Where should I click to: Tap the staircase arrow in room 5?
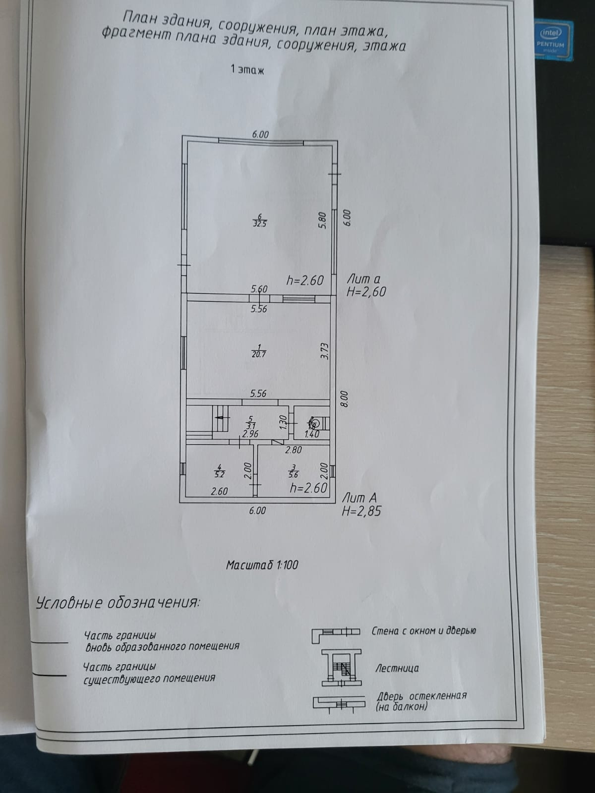pos(219,418)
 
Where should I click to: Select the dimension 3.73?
pos(324,351)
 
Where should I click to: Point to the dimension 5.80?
pos(323,220)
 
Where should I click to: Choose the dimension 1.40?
pos(311,435)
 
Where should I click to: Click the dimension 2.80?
pos(293,451)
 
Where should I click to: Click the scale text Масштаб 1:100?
pos(262,565)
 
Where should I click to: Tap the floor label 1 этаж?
pos(247,70)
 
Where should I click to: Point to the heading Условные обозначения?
pos(118,603)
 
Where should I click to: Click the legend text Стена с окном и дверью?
pos(423,631)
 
